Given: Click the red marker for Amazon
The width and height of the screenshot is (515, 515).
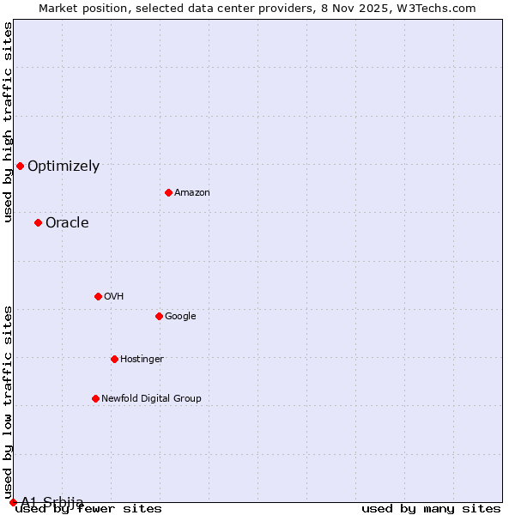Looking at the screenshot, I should coord(168,192).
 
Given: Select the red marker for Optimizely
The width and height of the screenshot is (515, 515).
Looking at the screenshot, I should coord(20,166).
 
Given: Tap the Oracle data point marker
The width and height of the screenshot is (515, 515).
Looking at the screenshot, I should coord(38,222).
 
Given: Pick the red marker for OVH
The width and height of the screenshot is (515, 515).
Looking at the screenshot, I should coord(98,296).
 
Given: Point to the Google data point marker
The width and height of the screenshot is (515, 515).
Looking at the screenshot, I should coord(159,316).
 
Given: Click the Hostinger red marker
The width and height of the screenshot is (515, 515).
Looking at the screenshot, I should coord(114,359).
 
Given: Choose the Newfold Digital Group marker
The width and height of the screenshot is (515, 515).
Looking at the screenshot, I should coord(95,398).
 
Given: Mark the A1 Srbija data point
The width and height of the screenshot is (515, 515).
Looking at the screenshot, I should coord(13,502).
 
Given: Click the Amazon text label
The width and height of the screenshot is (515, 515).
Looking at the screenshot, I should coord(192,193).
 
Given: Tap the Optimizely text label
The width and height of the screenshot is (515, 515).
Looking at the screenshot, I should coord(64,167).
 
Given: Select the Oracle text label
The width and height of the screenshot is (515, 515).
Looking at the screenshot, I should coord(67,223).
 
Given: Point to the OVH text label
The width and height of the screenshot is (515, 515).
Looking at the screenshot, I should coord(114,297).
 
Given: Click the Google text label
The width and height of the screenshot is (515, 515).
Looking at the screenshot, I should coord(180,317).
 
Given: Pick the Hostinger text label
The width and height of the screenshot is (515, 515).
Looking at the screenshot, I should coord(142,360).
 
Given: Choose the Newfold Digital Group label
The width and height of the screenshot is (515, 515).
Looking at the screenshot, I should coord(151,399).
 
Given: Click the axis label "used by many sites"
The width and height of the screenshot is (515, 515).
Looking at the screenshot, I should coord(431,509).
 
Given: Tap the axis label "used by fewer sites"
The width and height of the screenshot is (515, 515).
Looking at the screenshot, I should coord(89,509).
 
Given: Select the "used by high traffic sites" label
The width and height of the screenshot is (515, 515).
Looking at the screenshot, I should coord(9,122).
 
